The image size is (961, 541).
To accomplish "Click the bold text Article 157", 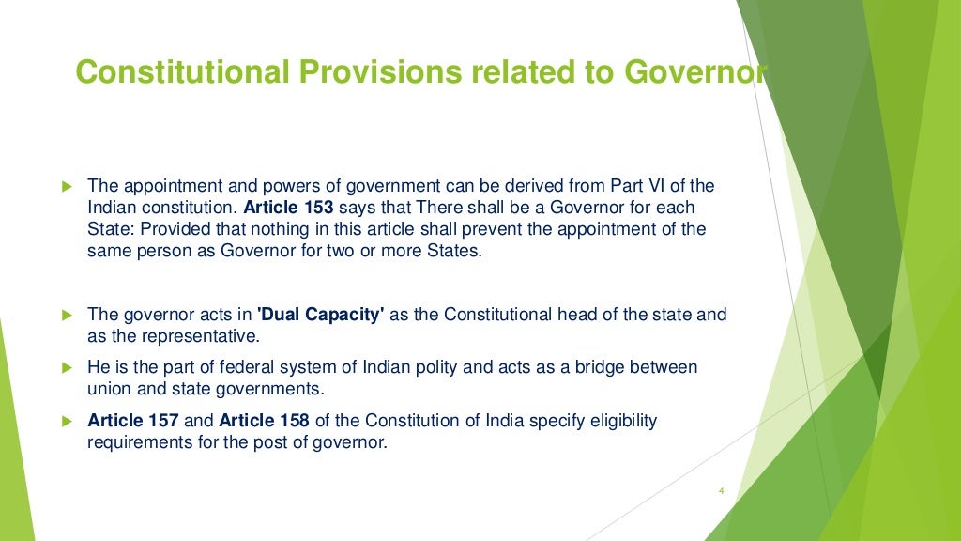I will pos(133,421).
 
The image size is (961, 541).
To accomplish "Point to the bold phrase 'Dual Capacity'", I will pos(321,315).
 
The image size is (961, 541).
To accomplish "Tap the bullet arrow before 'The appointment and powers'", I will pos(66,186).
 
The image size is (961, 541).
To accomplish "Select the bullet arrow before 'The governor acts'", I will pos(66,315).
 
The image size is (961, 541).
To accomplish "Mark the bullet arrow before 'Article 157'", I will pos(66,421).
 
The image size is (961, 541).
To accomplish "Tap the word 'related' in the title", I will pos(512,71).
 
